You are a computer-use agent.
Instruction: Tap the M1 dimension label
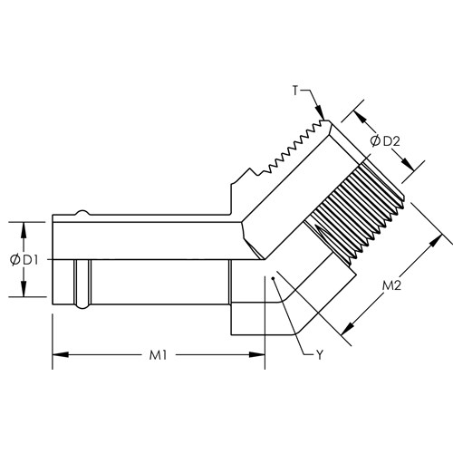[158, 355]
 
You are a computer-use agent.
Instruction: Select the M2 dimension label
[391, 285]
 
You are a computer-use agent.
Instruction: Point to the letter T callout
[295, 91]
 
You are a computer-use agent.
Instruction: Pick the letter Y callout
[320, 355]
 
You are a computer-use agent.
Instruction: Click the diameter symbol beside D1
[14, 260]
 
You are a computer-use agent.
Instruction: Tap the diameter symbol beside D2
[375, 141]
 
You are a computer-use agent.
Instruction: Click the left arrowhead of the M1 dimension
[61, 354]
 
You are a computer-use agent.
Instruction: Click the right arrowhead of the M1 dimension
[257, 354]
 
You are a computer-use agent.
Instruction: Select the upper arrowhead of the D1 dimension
[24, 230]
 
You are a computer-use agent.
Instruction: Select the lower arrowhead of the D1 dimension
[24, 289]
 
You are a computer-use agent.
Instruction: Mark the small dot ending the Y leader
[273, 278]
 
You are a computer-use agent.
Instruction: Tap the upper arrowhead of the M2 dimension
[435, 241]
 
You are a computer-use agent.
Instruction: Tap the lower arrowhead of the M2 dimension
[348, 329]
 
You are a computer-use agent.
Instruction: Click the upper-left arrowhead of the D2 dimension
[361, 118]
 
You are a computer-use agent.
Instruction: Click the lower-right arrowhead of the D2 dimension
[408, 165]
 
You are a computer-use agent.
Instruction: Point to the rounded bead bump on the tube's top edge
[82, 212]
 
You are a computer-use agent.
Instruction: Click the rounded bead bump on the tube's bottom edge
[82, 306]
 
